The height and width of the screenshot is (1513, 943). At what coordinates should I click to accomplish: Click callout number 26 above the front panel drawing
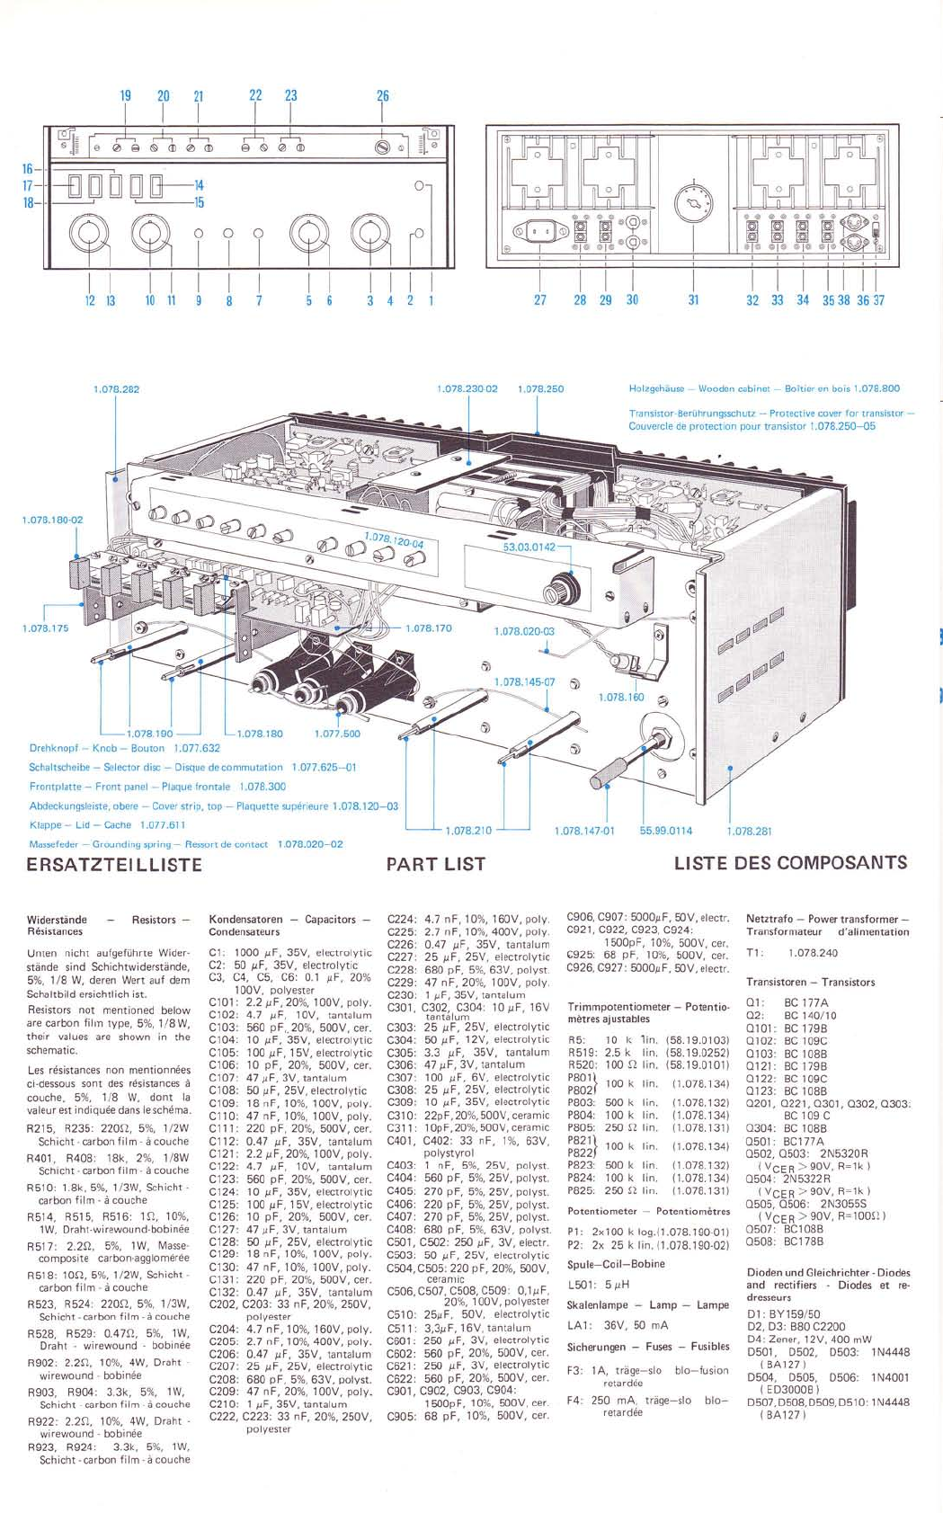tap(383, 96)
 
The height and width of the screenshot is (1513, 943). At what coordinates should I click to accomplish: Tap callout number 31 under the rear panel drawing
tap(693, 300)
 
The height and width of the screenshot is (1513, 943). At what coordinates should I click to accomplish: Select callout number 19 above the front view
tap(126, 96)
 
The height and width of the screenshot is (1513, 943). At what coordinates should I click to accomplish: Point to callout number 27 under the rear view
tap(539, 300)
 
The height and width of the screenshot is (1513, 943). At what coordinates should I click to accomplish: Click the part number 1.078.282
tap(117, 389)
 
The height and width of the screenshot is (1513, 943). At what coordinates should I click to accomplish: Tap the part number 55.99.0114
tap(666, 831)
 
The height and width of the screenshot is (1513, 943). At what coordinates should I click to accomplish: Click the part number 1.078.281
tap(749, 831)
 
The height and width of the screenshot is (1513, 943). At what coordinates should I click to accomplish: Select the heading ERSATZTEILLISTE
tap(115, 865)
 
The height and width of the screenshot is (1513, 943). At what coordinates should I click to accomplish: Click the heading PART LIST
tap(435, 865)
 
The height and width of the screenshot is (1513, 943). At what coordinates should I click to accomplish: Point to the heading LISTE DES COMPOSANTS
tap(790, 863)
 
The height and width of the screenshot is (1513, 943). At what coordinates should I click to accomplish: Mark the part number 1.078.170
tap(429, 628)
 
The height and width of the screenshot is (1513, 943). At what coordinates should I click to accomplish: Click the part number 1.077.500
tap(337, 734)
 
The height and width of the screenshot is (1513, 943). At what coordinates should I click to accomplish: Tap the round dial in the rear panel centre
tap(693, 205)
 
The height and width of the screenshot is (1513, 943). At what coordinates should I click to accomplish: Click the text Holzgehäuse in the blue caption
tap(660, 389)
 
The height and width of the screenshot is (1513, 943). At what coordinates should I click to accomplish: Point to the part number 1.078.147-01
tap(584, 831)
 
